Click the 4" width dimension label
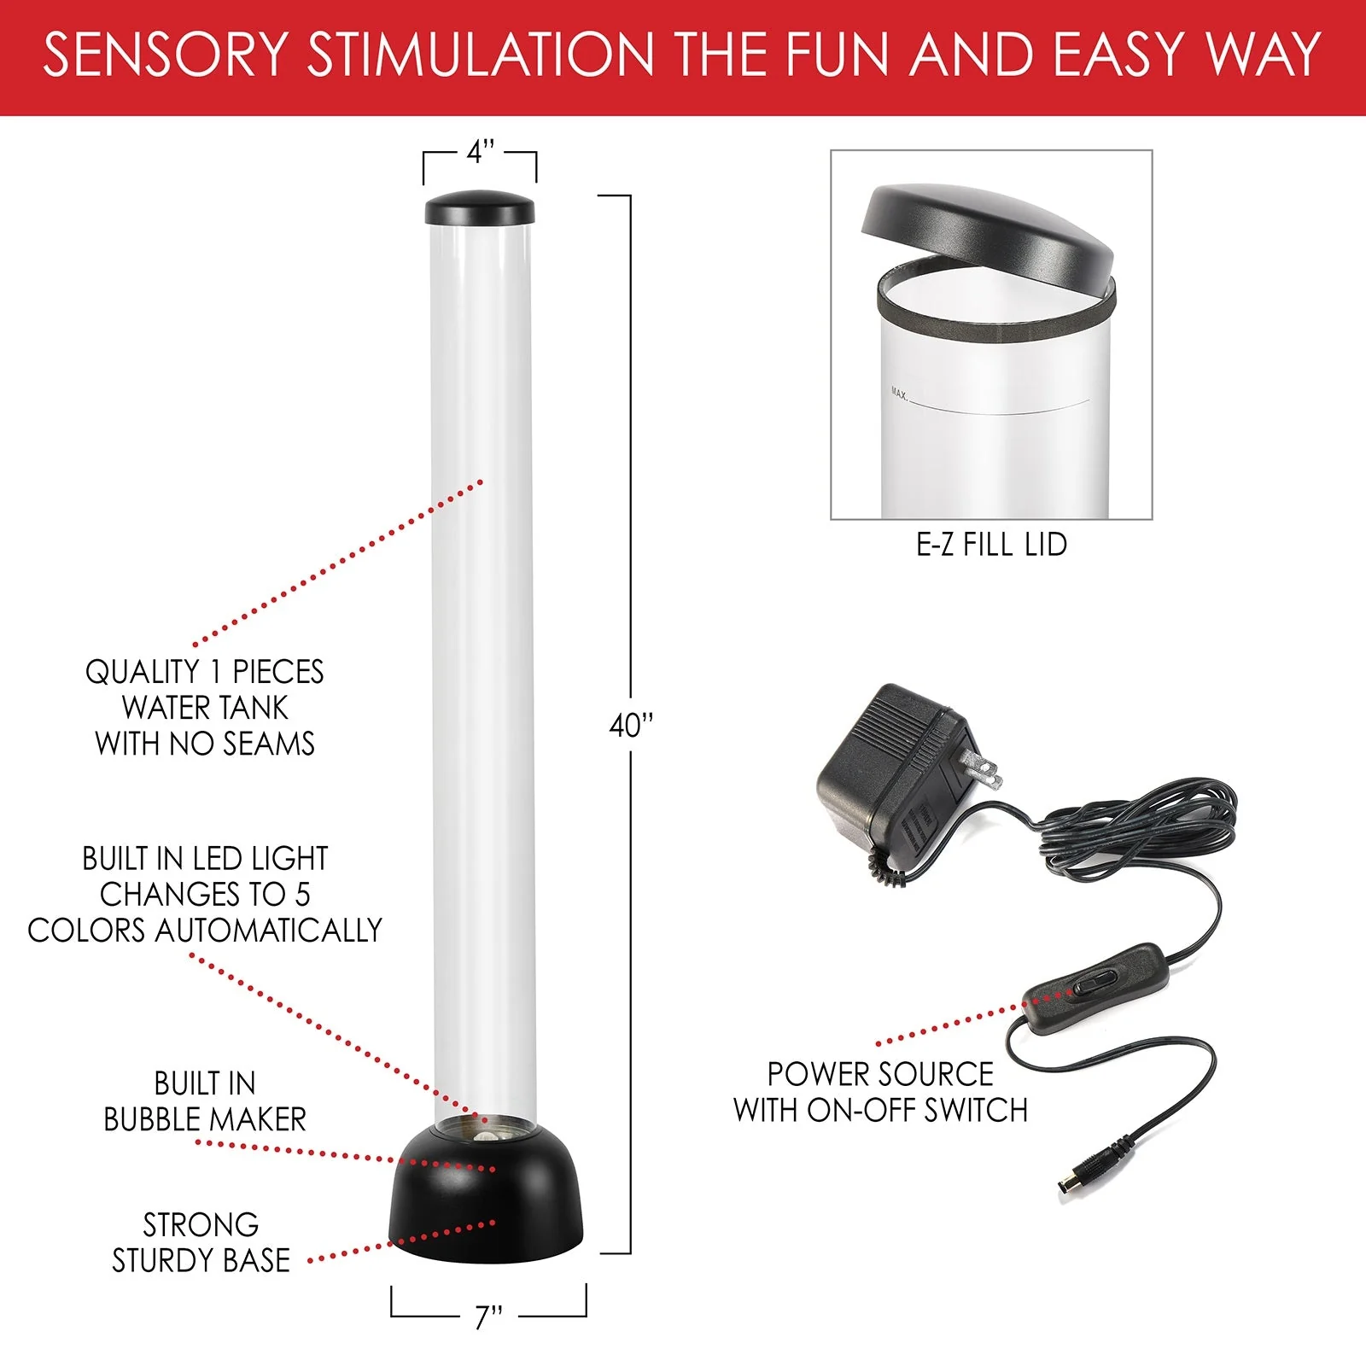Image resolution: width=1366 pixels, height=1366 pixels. [480, 153]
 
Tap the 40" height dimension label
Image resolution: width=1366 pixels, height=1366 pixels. [630, 727]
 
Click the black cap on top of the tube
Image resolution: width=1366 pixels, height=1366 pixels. [480, 208]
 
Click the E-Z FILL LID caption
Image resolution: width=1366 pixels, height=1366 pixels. [991, 545]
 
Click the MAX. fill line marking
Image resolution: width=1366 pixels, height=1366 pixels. [900, 394]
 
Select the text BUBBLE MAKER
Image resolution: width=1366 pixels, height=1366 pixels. [205, 1119]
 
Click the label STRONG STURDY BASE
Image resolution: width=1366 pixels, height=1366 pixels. [201, 1243]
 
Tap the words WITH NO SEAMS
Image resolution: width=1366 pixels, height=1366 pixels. [205, 744]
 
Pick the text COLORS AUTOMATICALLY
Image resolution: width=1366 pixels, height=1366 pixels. [205, 930]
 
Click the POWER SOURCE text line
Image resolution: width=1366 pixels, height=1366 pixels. [880, 1074]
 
